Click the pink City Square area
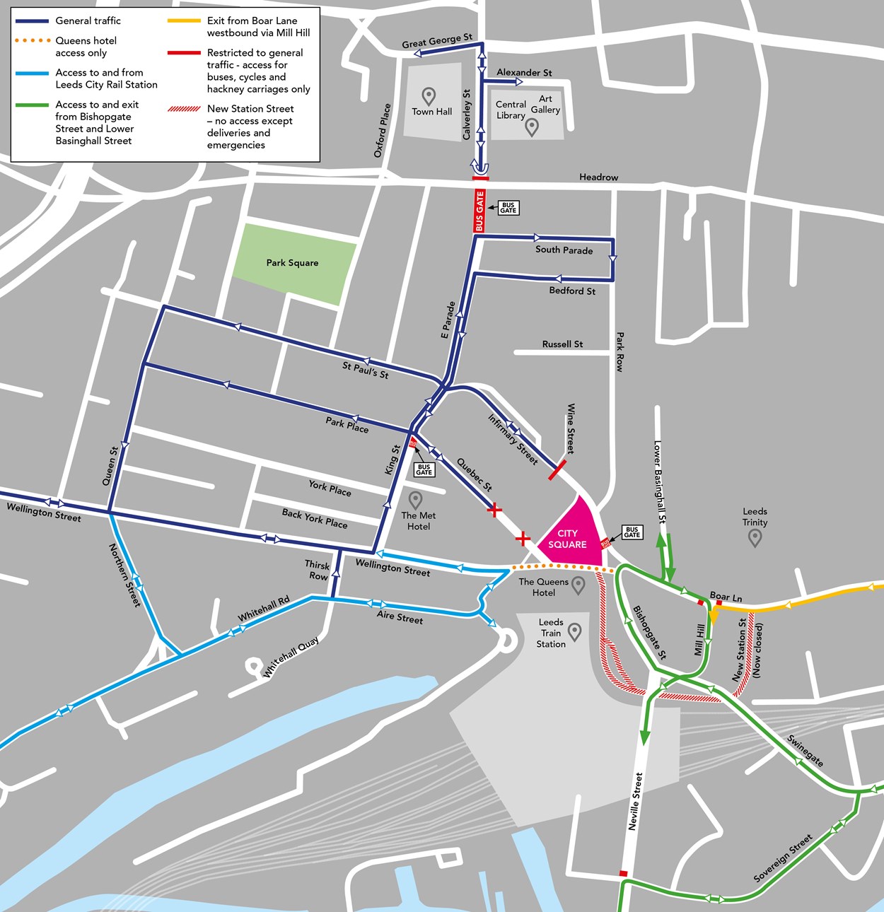pyautogui.click(x=571, y=537)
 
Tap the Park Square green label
pyautogui.click(x=292, y=263)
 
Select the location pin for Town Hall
pyautogui.click(x=428, y=96)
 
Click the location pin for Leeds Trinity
pyautogui.click(x=755, y=537)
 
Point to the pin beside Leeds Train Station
pyautogui.click(x=574, y=632)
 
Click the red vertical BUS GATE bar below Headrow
pyautogui.click(x=479, y=211)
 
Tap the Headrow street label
pyautogui.click(x=598, y=177)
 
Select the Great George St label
pyautogui.click(x=437, y=42)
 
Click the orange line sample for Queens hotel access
pyautogui.click(x=33, y=41)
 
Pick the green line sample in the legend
pyautogui.click(x=33, y=105)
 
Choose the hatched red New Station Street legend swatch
pyautogui.click(x=184, y=109)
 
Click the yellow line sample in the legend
pyautogui.click(x=184, y=21)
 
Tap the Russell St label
pyautogui.click(x=562, y=344)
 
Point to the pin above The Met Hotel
pyautogui.click(x=416, y=501)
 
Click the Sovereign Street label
pyautogui.click(x=783, y=858)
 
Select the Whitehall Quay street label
pyautogui.click(x=291, y=657)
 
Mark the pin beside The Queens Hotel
pyautogui.click(x=578, y=585)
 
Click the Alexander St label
pyautogui.click(x=524, y=72)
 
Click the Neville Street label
pyautogui.click(x=635, y=801)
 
